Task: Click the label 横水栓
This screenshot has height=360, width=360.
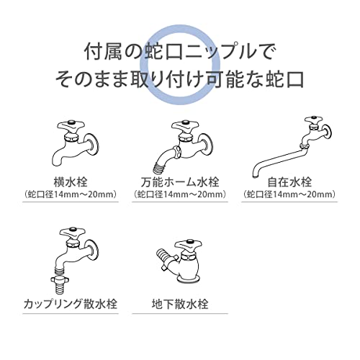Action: tap(71, 182)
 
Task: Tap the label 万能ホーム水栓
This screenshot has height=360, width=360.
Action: tap(180, 182)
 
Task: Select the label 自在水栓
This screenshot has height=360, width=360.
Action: tap(289, 182)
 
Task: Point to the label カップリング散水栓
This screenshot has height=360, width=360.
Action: tap(71, 304)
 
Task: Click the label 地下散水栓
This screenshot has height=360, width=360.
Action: tap(180, 304)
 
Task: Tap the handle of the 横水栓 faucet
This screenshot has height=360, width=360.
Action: tap(71, 126)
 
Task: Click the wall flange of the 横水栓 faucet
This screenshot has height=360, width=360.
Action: tap(93, 145)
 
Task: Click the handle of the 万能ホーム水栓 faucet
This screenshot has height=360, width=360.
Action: tap(185, 125)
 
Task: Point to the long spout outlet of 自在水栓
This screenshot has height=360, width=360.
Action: tap(256, 174)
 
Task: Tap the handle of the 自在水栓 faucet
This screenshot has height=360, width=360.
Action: tap(314, 120)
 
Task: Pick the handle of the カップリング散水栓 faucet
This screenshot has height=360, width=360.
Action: tap(72, 233)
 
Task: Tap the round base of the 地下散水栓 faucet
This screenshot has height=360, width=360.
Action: tap(188, 279)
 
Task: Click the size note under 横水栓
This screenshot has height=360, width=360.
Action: tap(71, 194)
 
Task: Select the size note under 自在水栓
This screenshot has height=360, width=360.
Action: tap(289, 194)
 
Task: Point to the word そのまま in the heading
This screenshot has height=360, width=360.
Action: tap(92, 79)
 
